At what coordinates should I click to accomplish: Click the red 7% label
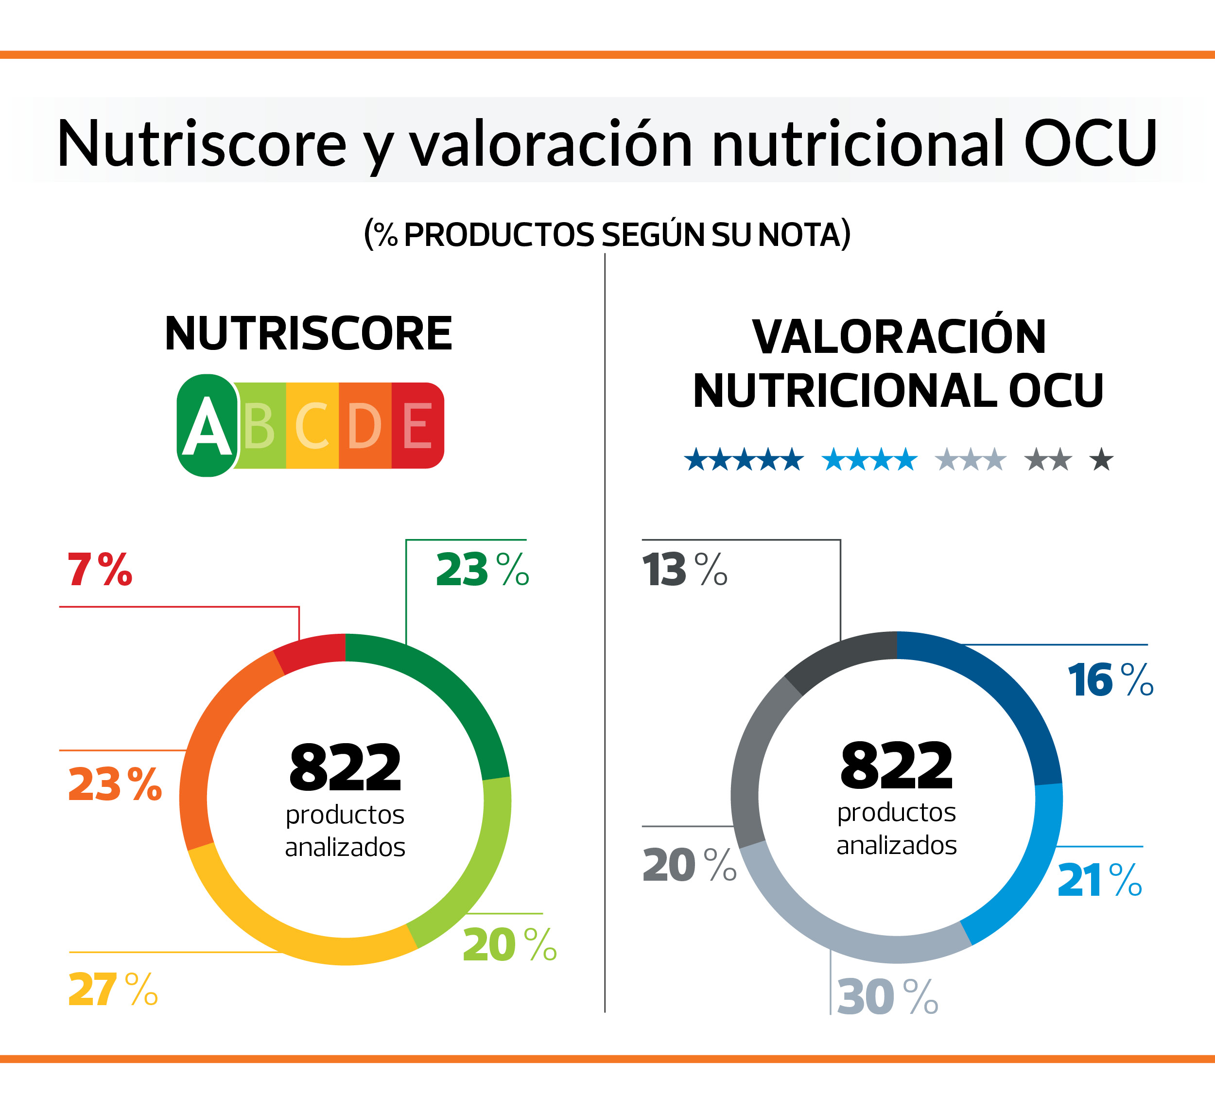point(100,570)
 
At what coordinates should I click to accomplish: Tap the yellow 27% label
point(113,990)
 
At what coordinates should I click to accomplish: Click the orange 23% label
point(115,784)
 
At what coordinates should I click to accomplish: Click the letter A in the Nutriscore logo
point(207,426)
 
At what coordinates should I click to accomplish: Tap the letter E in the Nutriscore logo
point(417,426)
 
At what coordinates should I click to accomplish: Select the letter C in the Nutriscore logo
point(312,426)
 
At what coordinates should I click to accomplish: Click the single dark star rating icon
point(1101,459)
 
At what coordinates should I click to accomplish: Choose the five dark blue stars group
point(744,459)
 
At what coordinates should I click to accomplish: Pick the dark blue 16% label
point(1110,680)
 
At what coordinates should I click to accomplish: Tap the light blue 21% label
point(1100,881)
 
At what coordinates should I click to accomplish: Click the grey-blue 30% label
point(887,997)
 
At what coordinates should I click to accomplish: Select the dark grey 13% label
point(685,570)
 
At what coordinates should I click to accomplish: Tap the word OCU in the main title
point(1090,143)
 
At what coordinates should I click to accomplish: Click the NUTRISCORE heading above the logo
point(308,333)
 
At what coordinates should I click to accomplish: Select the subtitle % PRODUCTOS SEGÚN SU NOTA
point(607,234)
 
